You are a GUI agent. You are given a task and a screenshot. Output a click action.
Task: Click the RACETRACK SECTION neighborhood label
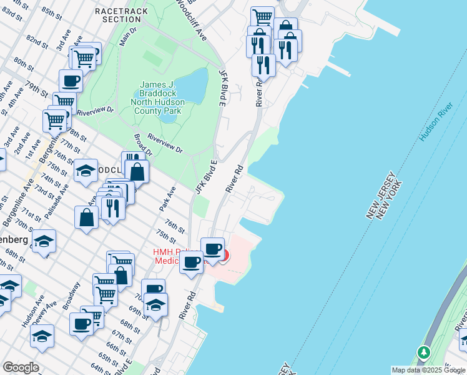[x=122, y=15]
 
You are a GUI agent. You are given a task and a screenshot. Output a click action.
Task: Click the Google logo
[x=21, y=367]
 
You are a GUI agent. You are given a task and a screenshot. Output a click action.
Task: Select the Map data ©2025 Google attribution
[x=428, y=370]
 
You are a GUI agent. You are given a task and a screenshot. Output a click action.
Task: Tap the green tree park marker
[x=424, y=354]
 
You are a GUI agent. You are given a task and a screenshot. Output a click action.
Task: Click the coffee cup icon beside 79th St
[x=71, y=81]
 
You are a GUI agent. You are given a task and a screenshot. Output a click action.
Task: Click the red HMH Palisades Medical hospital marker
[x=223, y=255]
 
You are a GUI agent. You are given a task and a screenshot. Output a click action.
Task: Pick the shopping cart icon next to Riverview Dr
[x=64, y=102]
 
